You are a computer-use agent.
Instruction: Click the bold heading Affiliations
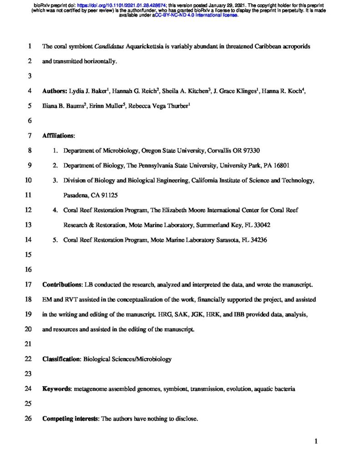coord(58,136)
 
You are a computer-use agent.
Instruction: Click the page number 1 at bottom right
coord(315,441)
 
